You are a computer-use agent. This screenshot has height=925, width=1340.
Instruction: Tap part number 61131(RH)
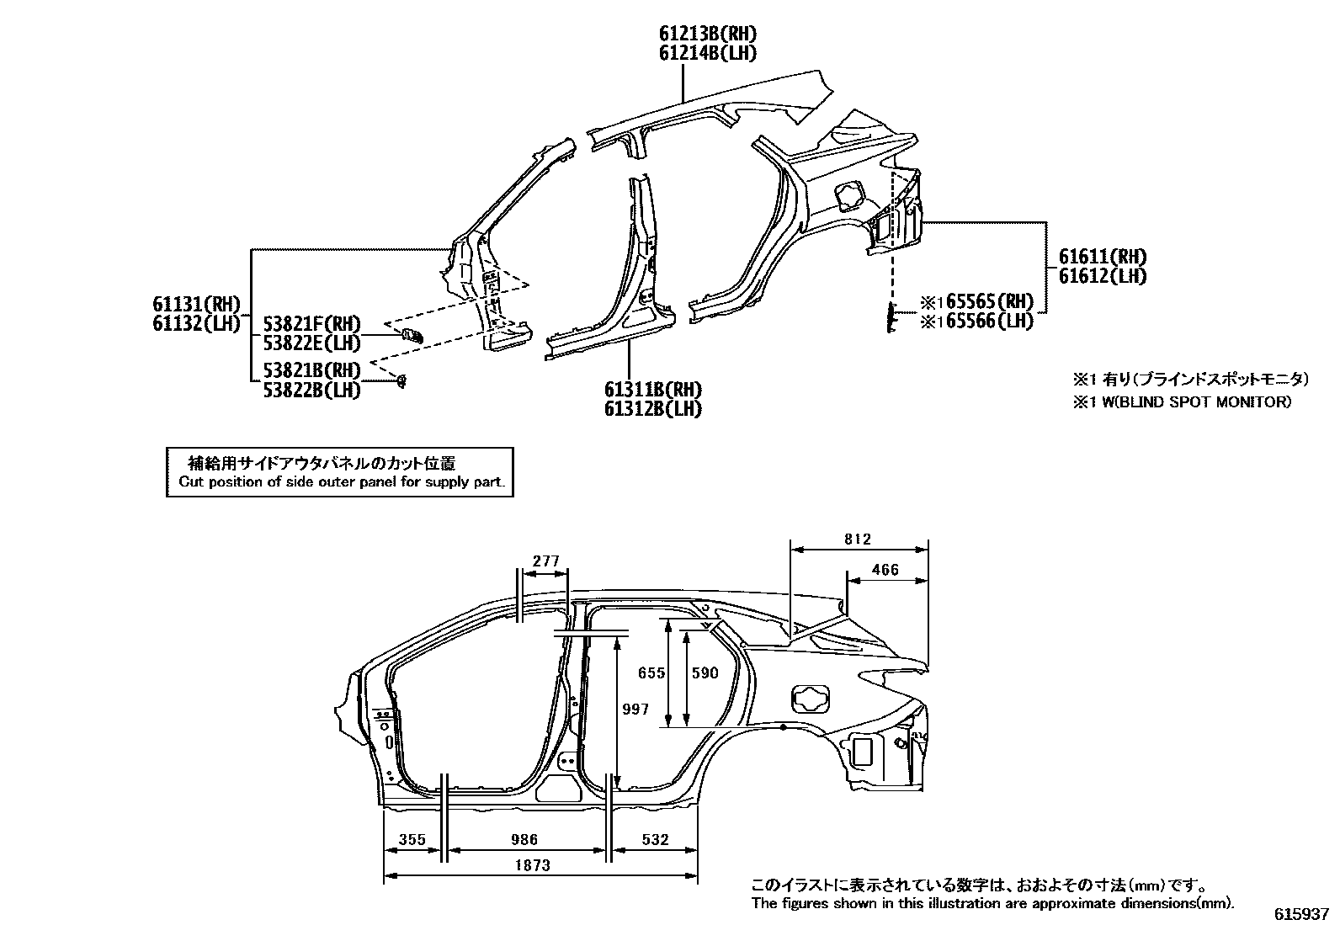click(x=196, y=305)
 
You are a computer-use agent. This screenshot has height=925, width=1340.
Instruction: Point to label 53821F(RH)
click(x=311, y=324)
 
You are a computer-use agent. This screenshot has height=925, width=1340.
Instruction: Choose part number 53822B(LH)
click(x=311, y=391)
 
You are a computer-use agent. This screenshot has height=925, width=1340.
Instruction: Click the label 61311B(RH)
click(x=652, y=390)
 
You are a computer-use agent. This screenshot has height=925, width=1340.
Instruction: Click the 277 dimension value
click(x=546, y=561)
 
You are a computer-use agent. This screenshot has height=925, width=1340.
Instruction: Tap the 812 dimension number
click(x=857, y=540)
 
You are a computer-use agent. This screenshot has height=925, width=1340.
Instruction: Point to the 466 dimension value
click(x=885, y=570)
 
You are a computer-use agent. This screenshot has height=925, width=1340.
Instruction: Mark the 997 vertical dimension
click(x=635, y=710)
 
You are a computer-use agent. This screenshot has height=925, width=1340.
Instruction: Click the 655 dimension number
click(x=651, y=673)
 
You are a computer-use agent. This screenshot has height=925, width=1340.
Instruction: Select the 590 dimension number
click(x=705, y=673)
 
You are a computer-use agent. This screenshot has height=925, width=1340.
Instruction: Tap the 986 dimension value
click(x=524, y=839)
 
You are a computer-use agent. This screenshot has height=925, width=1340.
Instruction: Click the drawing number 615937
click(x=1304, y=914)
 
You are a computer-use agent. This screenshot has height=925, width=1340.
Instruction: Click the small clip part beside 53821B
click(x=402, y=381)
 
